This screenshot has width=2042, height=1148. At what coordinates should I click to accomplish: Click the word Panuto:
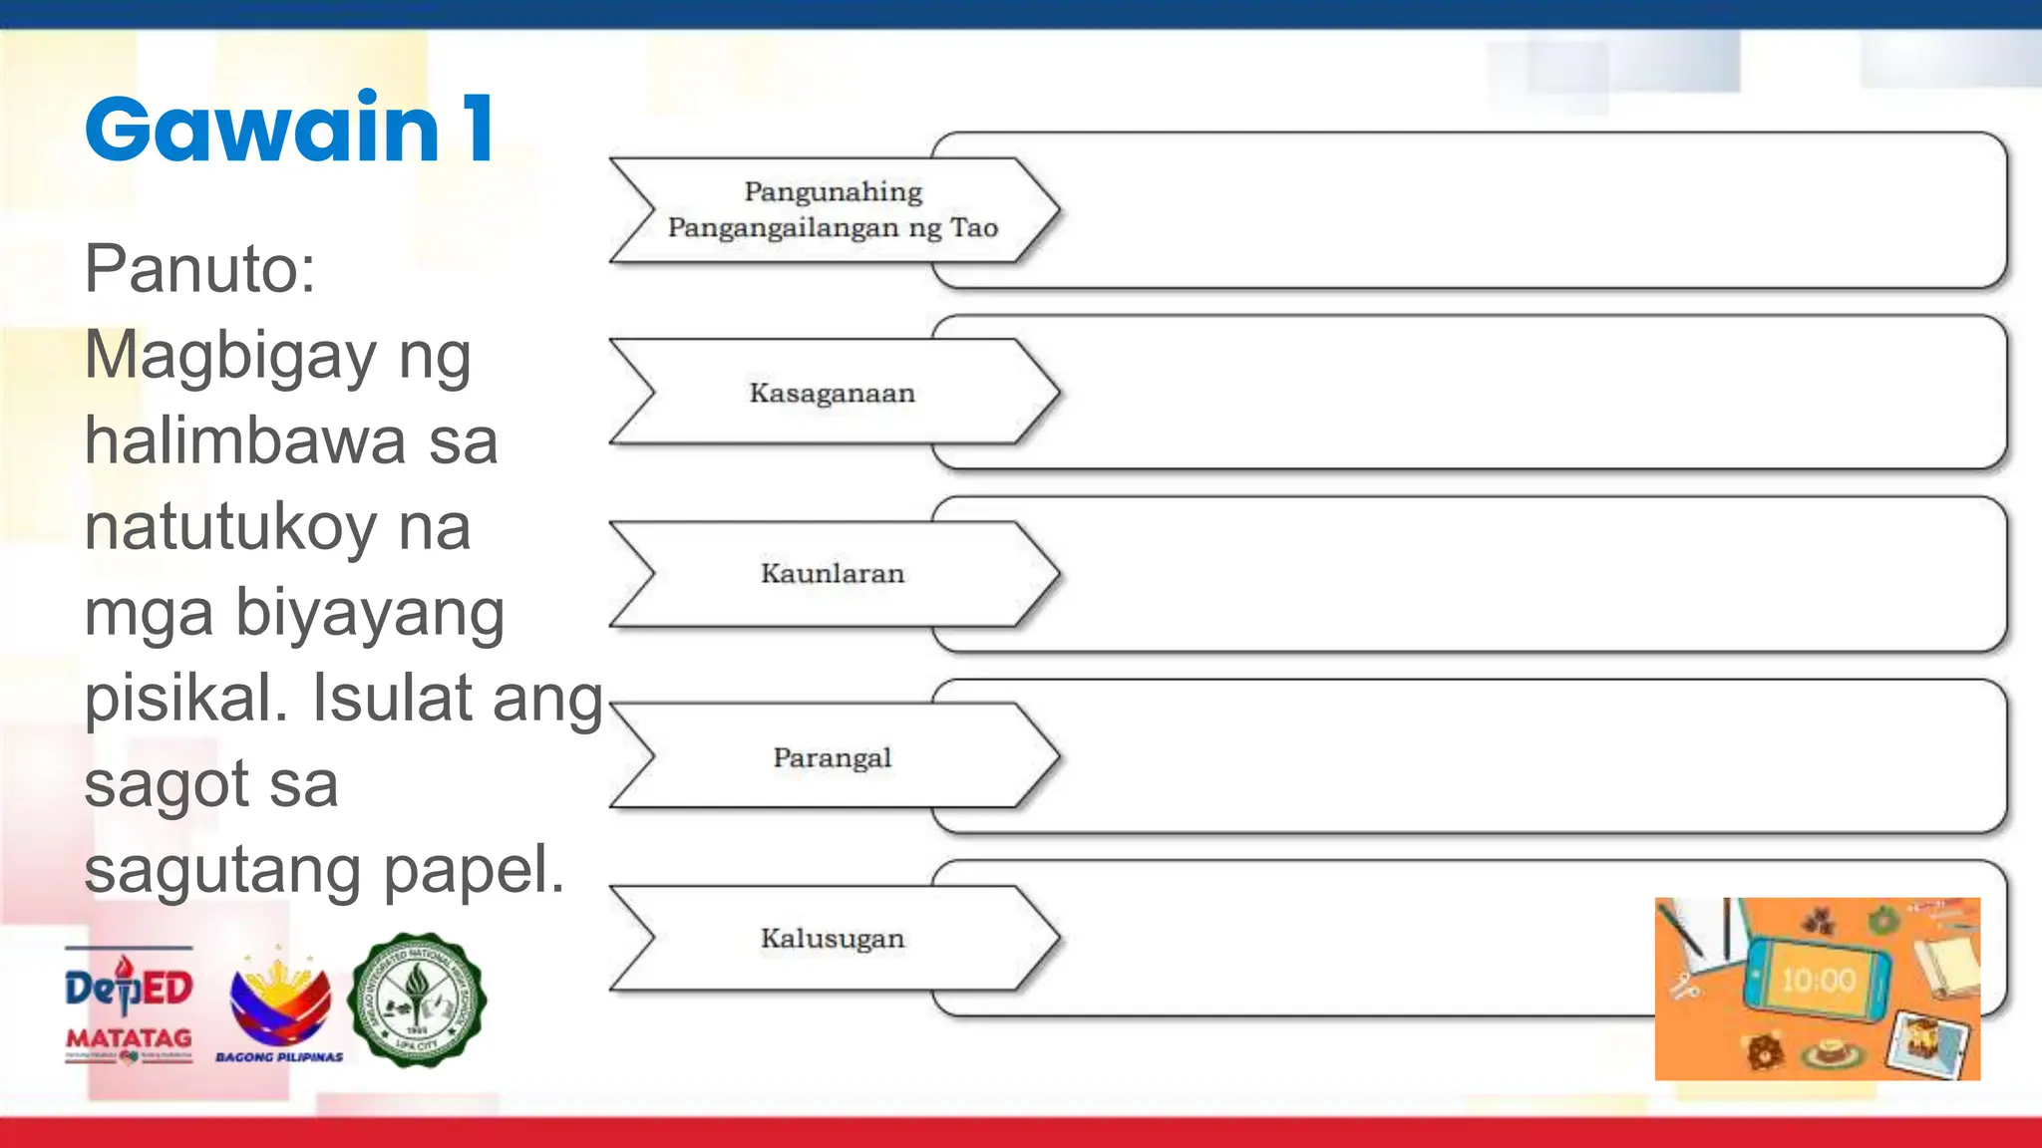199,269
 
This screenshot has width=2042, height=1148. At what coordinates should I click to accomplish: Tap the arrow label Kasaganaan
832,393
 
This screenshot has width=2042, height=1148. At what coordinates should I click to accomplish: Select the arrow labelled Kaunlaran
832,574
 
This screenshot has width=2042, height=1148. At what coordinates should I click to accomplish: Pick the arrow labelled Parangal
832,757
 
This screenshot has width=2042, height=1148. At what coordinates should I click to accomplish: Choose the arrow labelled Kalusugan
832,939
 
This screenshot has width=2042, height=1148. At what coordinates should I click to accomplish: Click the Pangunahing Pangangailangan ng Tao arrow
832,210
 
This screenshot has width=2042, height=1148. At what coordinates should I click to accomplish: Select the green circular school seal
417,1001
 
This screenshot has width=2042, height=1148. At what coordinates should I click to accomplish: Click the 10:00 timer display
1818,981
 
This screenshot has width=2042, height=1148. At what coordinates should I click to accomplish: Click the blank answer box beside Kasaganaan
1526,393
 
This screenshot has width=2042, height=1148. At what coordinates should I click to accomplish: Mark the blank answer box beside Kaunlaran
1526,574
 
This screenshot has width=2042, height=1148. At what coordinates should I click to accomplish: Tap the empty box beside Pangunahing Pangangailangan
1526,210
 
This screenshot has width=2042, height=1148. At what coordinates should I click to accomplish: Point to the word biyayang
370,614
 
